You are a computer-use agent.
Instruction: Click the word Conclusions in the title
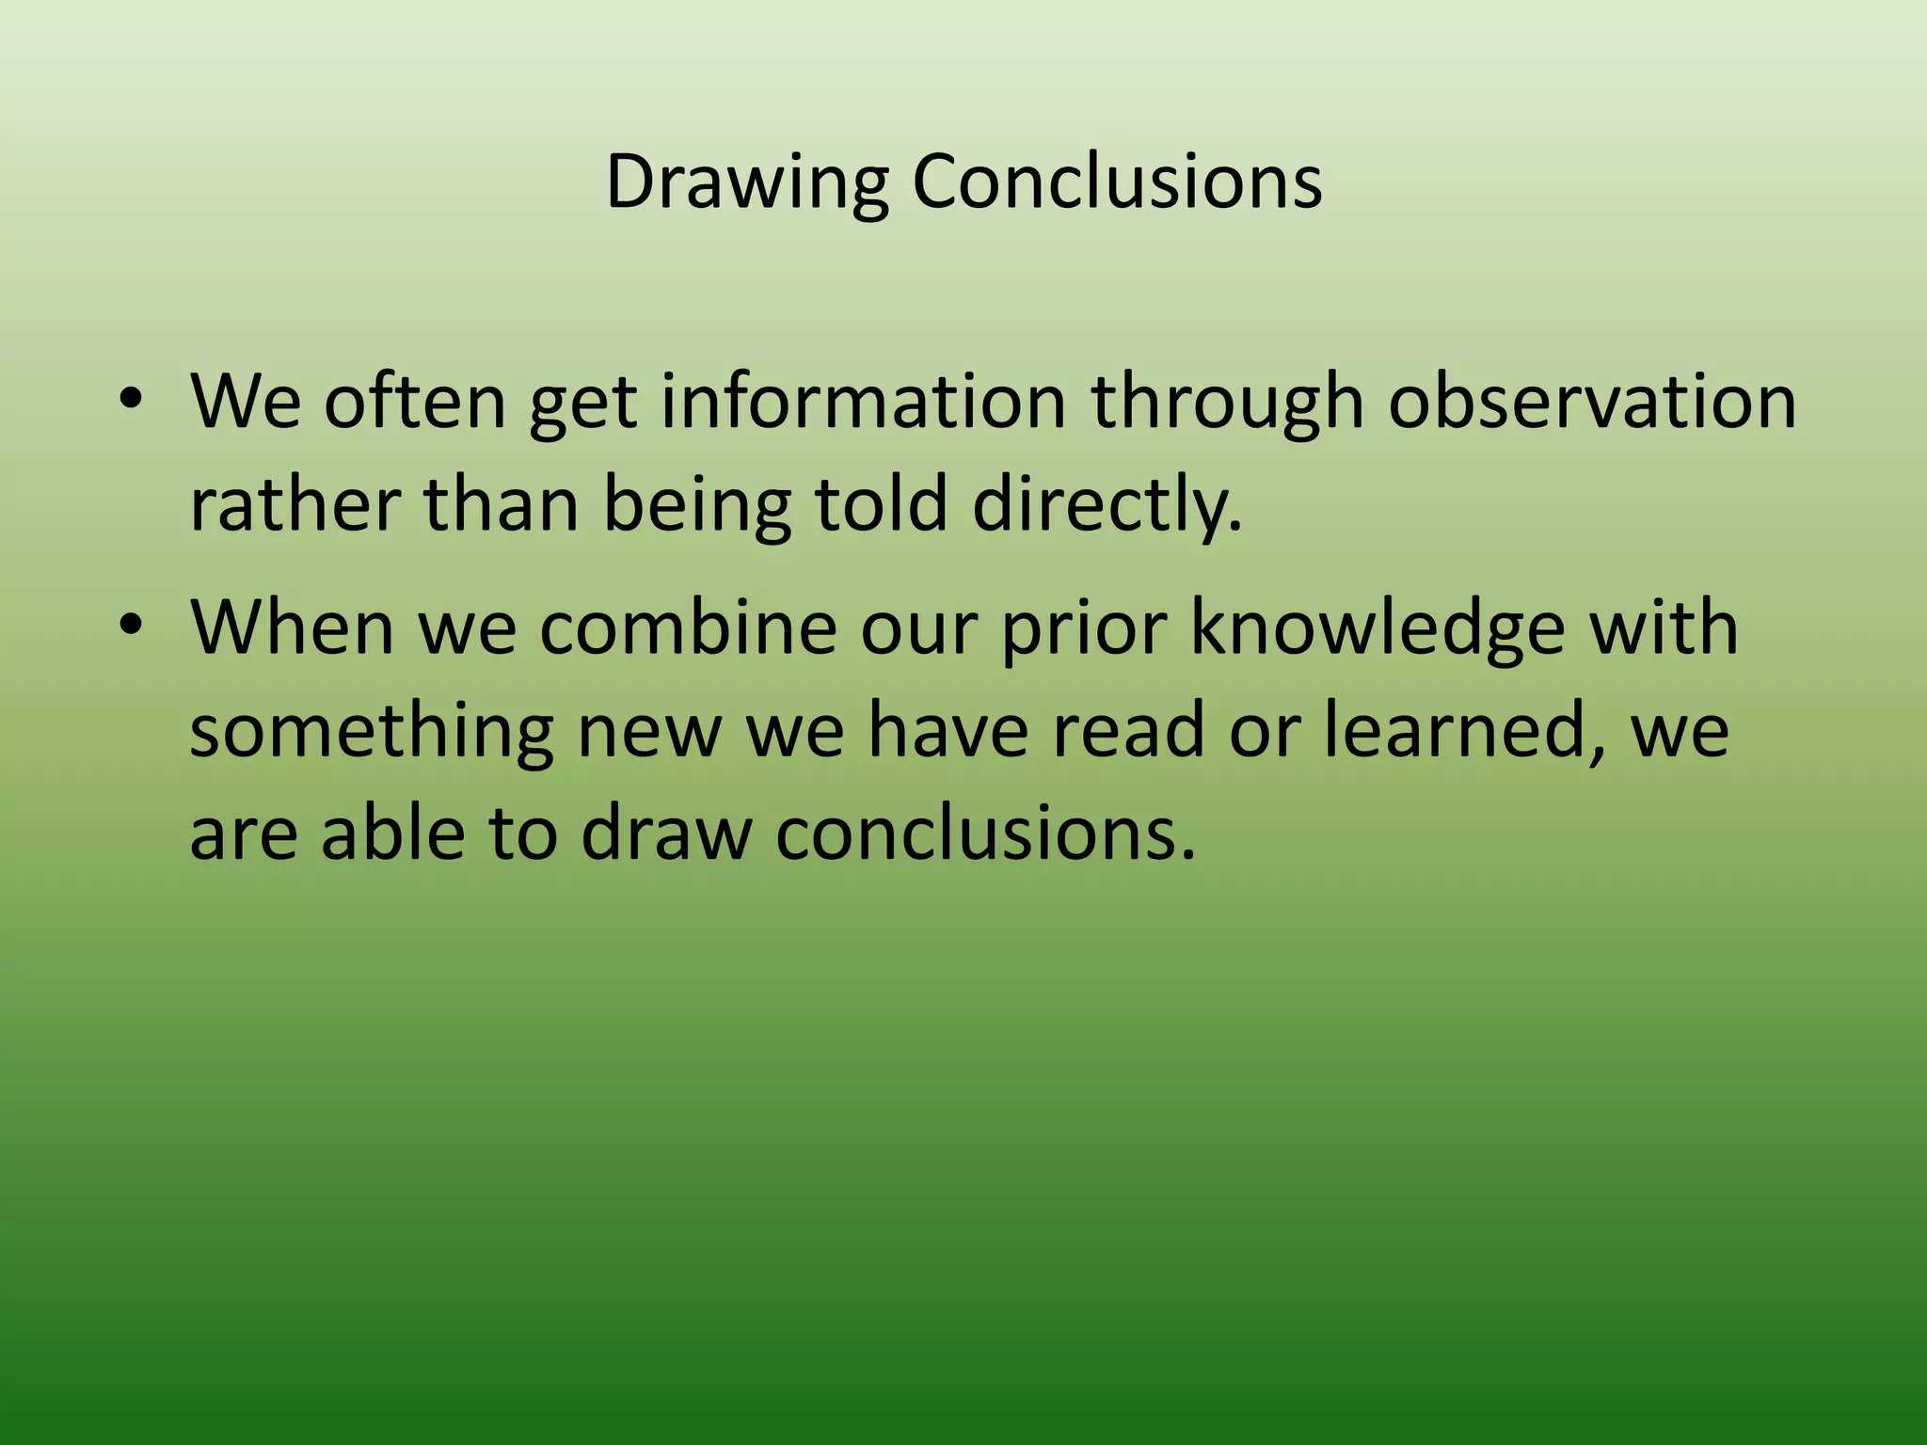[x=1117, y=182]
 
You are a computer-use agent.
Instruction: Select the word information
[x=863, y=402]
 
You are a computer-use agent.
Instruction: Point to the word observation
[x=1592, y=402]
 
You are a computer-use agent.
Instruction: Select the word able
[x=392, y=834]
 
